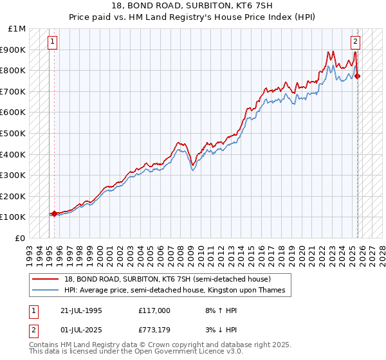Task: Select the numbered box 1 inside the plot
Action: pos(53,42)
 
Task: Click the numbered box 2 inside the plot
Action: pos(355,42)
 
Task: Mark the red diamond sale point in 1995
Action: pos(54,213)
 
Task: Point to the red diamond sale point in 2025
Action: pos(358,76)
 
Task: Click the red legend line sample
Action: pos(46,279)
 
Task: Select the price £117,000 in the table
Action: pos(154,310)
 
